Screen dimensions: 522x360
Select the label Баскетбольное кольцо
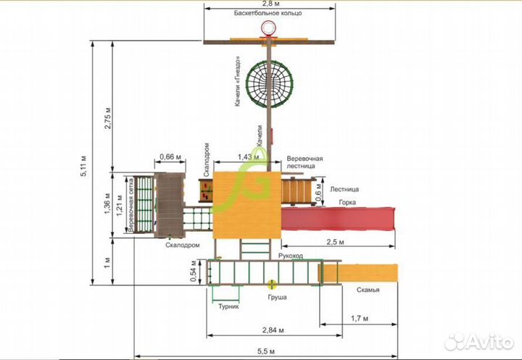(268, 13)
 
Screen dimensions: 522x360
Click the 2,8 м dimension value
(270, 4)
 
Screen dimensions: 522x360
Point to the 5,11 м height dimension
(83, 166)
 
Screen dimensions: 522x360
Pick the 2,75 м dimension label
(108, 118)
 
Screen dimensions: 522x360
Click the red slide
(338, 219)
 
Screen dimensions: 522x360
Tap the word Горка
(347, 202)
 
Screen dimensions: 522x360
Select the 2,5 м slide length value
(335, 242)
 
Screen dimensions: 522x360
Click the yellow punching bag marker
(272, 285)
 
